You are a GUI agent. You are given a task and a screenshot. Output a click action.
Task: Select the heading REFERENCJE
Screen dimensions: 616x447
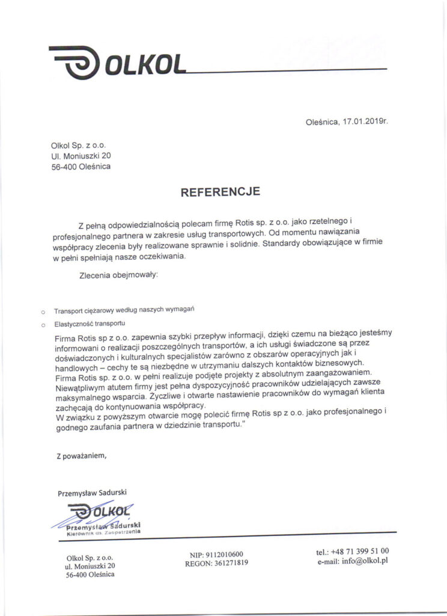220,192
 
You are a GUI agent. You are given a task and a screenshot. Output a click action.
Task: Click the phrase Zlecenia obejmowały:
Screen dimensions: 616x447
118,276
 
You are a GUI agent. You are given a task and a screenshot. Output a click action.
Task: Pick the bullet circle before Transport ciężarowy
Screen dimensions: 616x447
42,312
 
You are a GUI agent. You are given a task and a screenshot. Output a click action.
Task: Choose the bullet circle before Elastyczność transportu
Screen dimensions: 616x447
42,325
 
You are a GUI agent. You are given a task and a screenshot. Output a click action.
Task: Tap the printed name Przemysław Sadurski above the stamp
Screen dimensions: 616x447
92,492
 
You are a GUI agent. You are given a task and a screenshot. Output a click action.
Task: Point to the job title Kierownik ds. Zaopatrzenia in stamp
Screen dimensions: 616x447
104,533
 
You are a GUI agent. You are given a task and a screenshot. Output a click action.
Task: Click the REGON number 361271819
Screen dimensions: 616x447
230,564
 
